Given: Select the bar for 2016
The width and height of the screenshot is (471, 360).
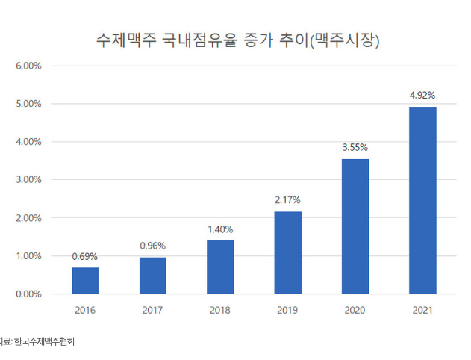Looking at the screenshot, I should pos(85,280).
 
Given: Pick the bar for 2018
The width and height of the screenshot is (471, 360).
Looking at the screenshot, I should pos(220,267).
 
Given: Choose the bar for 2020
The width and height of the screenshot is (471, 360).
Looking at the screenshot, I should pos(355,226).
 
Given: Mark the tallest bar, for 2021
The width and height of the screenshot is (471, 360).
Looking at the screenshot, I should pos(422,200).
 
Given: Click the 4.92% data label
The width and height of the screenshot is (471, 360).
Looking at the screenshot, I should pos(422,96).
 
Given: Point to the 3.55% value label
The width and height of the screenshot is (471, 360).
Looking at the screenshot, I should pos(355,148).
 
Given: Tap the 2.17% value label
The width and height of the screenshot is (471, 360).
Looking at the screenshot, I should pos(287,200).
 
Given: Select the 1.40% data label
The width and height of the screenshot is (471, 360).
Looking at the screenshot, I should pos(220,229).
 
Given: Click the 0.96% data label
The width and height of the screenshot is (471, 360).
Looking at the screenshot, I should pos(152,246).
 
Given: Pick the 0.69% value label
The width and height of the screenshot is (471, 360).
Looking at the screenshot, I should pos(85,256).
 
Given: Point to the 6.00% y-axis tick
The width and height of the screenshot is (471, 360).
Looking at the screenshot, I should pos(28,66).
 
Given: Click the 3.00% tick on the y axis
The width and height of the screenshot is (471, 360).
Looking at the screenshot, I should pos(28,180).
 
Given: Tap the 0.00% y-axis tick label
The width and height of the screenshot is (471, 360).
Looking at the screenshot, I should pos(28,294).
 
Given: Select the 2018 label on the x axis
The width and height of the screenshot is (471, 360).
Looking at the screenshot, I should pos(220,309).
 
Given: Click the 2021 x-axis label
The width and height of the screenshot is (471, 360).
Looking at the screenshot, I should pos(422,309).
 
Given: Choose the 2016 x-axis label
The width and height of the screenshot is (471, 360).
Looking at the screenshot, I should pos(85,309).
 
